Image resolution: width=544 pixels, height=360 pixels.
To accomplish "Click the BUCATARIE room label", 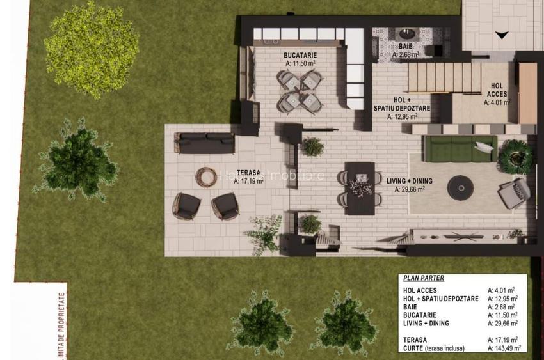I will [300, 56].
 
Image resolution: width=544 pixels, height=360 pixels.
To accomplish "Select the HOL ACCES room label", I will [497, 90].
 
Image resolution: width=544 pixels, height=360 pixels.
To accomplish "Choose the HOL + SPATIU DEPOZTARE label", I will [402, 105].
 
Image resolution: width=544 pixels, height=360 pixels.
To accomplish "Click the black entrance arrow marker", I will [502, 35].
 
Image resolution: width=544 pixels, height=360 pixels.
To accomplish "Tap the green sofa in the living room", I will [460, 148].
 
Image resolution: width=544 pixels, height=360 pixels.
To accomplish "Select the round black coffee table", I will [460, 187].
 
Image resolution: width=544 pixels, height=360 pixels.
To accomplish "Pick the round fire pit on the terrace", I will [206, 176].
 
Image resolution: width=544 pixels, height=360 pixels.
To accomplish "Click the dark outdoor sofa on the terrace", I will [204, 143].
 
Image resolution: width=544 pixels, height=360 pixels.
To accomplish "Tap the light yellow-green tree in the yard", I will [91, 49].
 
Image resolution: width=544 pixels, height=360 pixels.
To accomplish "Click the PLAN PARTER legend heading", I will [424, 278].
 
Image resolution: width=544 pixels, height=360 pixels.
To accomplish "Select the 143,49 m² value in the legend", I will [503, 348].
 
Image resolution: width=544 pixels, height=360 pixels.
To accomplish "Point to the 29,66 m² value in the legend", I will [502, 324].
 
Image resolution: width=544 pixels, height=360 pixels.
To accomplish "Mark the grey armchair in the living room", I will [515, 192].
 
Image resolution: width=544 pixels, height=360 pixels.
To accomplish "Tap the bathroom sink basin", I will [406, 34].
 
